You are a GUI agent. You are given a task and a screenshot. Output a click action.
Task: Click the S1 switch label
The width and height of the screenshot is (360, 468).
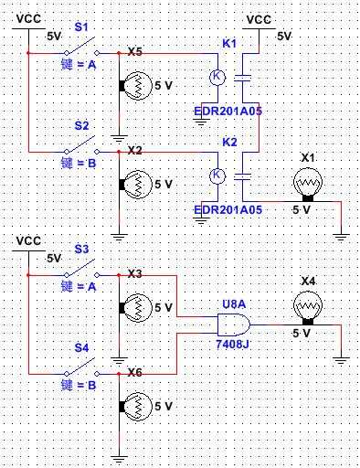pos(81,27)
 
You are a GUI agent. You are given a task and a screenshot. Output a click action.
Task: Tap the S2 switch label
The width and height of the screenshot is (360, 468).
pos(81,125)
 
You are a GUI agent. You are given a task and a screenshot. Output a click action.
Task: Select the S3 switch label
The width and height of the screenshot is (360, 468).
pos(81,249)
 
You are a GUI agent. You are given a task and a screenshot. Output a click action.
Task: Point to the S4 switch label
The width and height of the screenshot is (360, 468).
pos(81,347)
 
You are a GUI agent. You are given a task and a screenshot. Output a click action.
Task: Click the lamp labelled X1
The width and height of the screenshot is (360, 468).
pos(308,184)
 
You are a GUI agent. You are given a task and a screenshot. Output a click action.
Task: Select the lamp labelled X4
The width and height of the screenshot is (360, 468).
pos(308,307)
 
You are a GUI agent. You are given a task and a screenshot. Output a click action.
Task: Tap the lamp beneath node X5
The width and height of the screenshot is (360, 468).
pos(136,86)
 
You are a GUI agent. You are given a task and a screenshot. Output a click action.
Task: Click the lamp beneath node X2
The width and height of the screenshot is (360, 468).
pos(136,185)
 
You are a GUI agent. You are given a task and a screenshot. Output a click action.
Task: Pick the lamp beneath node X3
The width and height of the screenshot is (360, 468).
pos(136,308)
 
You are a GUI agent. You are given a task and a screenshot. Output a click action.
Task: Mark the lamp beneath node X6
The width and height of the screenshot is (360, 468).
pos(136,407)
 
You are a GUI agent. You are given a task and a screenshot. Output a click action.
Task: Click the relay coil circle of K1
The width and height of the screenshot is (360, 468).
pos(217,76)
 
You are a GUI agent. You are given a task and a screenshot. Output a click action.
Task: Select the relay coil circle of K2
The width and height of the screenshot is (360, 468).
pos(217,175)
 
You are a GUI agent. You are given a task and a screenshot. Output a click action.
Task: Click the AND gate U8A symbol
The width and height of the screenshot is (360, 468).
pos(234,324)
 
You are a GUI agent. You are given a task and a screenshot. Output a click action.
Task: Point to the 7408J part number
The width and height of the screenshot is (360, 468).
pos(232,345)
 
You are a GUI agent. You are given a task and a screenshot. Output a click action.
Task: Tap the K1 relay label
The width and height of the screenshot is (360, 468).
pos(229,44)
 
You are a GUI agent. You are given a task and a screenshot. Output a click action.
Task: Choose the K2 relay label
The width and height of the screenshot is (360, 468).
pos(229,142)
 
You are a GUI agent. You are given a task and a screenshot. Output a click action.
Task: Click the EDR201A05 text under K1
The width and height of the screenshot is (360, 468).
pos(228,112)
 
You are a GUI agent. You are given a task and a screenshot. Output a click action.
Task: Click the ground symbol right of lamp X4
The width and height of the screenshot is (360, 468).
pos(341,360)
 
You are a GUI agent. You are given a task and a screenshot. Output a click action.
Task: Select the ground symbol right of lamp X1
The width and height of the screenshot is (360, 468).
pos(341,237)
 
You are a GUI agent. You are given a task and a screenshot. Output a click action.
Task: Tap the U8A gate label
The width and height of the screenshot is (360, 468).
pos(234,304)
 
